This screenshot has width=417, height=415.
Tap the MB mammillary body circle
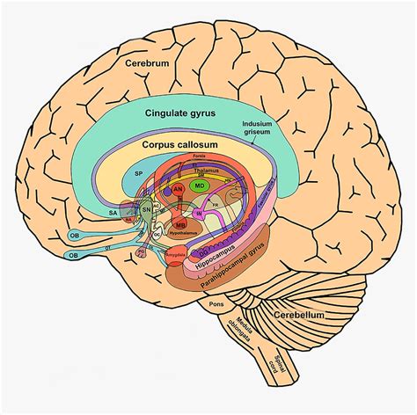180,225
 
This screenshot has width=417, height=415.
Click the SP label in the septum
139,175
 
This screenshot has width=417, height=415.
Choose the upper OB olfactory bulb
76,235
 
